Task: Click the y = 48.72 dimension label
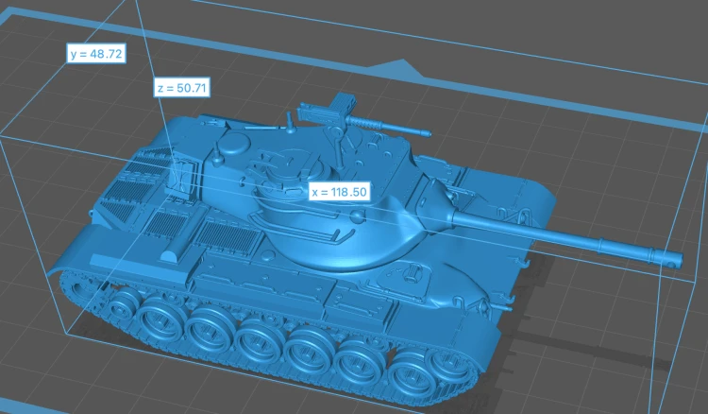click(96, 54)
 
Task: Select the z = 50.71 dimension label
click(182, 88)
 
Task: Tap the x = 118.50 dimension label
click(340, 192)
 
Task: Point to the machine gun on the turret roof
click(362, 118)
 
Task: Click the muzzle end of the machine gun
click(427, 133)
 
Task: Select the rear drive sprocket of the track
click(80, 288)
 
